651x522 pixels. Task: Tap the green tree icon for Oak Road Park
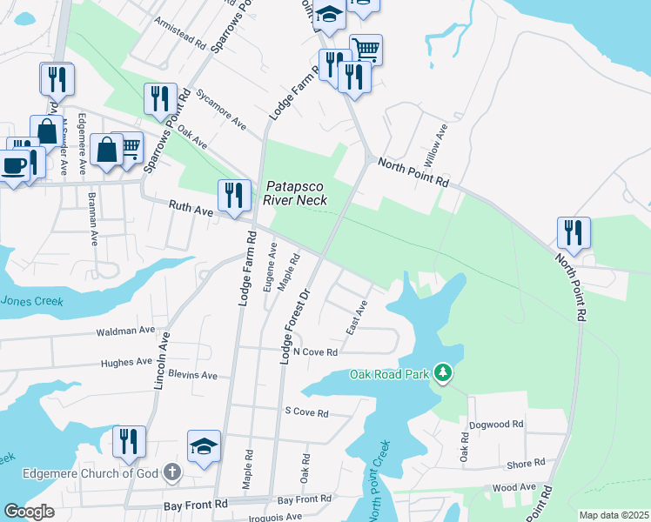443,373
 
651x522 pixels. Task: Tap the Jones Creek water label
32,301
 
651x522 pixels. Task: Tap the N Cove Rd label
315,351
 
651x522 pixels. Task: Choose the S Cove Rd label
306,412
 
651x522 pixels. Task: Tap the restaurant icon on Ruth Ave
233,195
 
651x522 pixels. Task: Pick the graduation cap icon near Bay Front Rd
205,446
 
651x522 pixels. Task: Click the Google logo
30,512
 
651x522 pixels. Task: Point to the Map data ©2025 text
614,515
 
